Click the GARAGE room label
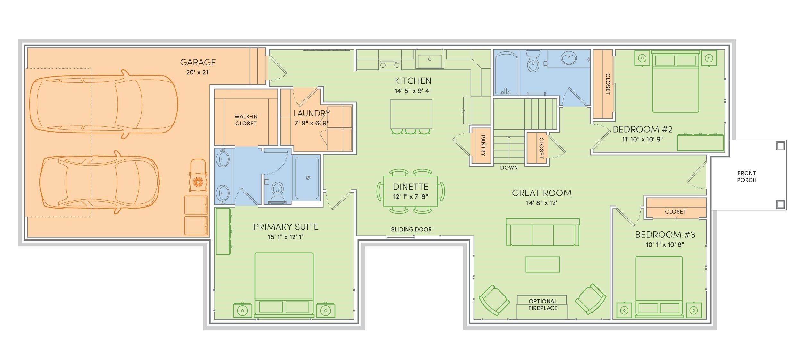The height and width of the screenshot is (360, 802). coord(198,62)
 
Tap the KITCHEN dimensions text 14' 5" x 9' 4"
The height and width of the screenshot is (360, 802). coord(413,91)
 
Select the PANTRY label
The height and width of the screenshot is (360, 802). coord(483,145)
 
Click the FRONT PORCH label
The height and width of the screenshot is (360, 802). coord(747,176)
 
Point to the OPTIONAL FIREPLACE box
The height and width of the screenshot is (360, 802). coord(542,307)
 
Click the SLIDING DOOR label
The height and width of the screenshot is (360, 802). coord(411,229)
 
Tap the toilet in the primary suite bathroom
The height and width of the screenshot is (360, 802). coord(277,193)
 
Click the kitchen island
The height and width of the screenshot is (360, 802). coord(411,114)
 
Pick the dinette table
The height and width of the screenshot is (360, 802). coord(411,191)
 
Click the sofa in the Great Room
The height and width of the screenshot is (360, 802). coord(542,232)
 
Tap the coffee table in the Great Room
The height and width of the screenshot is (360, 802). coord(542,264)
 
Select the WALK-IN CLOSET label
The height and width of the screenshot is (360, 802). coord(246,120)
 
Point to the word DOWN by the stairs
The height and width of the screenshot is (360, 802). coord(509,167)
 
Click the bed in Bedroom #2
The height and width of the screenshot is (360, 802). coord(676,81)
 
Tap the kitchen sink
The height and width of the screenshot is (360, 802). coord(430,59)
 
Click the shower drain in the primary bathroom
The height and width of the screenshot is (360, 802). coord(308,178)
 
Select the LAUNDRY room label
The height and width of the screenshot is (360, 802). coord(312,113)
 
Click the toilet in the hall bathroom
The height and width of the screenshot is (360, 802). coord(533,62)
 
